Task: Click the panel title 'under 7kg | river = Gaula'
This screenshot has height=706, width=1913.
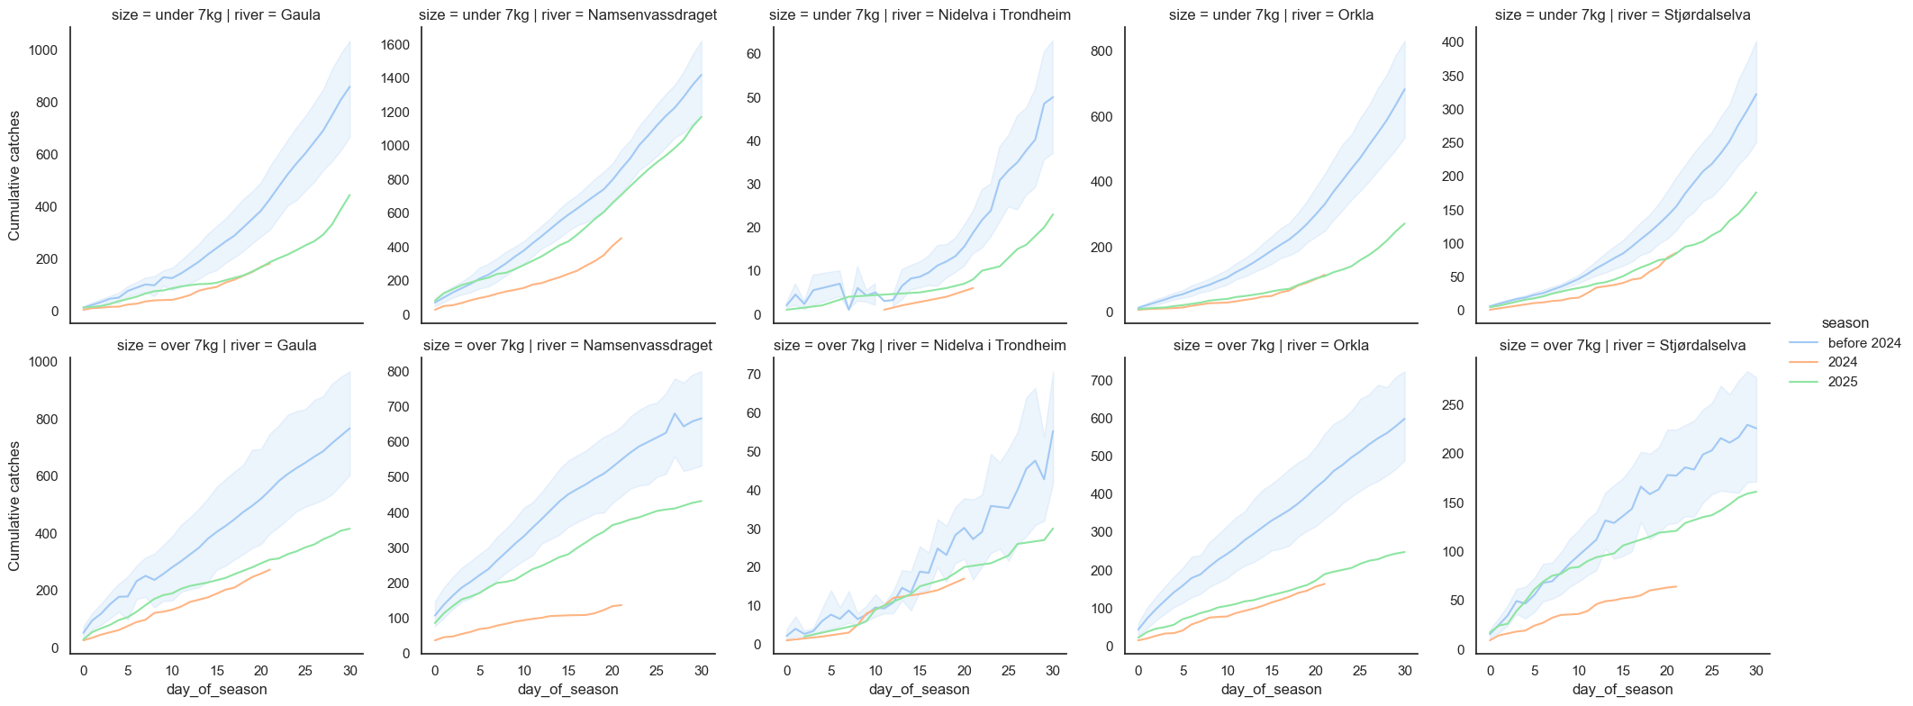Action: (216, 14)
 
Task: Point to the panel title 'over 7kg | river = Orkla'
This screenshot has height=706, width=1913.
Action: (1271, 346)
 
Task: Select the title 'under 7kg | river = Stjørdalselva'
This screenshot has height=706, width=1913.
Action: (1622, 14)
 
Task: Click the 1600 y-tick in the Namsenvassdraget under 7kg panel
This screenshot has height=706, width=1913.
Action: (398, 45)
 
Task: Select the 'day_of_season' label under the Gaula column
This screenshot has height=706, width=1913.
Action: (216, 690)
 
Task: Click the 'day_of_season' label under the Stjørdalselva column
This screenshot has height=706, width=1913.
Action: (1622, 690)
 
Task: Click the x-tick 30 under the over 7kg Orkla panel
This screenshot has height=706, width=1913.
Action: (1404, 671)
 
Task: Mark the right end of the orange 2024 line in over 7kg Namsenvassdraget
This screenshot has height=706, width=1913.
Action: (621, 605)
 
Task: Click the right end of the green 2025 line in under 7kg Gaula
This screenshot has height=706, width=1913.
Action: (350, 195)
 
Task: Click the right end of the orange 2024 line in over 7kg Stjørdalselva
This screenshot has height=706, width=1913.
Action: (1676, 611)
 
